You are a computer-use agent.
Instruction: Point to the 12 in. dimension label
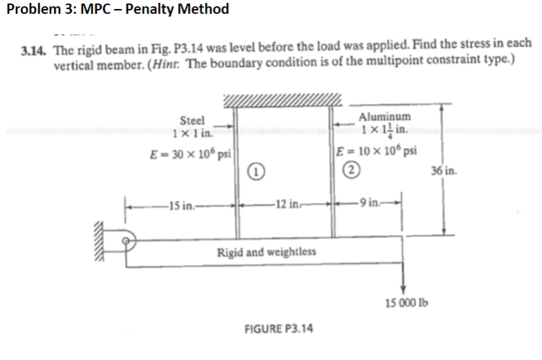[x=283, y=204]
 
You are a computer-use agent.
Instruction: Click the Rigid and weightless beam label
[x=267, y=251]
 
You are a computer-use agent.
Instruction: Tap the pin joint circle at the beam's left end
[x=128, y=241]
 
